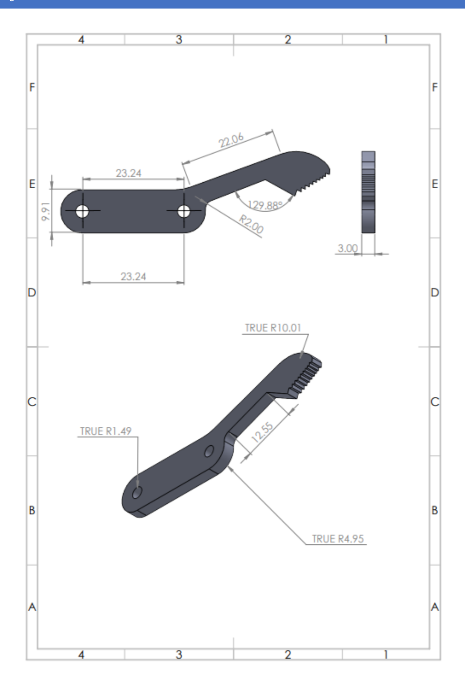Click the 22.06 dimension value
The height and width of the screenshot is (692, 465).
pyautogui.click(x=231, y=140)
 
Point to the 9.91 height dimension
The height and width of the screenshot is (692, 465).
pyautogui.click(x=45, y=212)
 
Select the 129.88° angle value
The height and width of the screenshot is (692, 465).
pyautogui.click(x=265, y=205)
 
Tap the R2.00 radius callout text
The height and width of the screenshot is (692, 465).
pyautogui.click(x=251, y=224)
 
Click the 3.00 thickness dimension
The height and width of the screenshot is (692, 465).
pyautogui.click(x=347, y=248)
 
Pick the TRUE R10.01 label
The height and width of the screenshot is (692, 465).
pyautogui.click(x=273, y=328)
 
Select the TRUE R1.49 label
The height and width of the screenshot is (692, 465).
pyautogui.click(x=106, y=431)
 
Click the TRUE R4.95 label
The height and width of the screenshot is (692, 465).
pyautogui.click(x=338, y=539)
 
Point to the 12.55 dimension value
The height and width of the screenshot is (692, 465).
pyautogui.click(x=262, y=432)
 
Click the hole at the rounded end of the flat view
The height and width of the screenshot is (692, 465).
pyautogui.click(x=82, y=211)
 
